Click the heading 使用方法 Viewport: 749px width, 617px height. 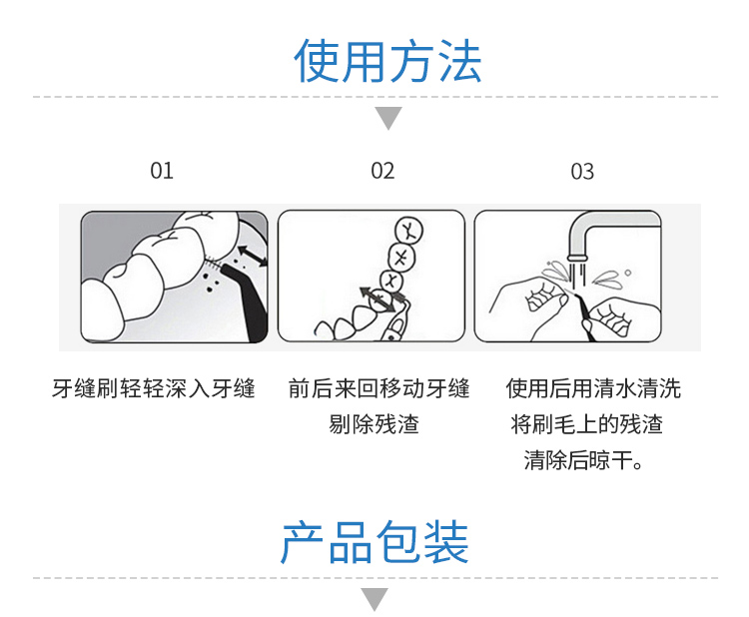387,61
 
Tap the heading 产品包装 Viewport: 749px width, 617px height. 374,542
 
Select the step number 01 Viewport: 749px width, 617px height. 162,171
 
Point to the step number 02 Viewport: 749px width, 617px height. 382,171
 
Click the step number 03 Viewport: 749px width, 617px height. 582,172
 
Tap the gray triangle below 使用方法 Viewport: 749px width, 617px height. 388,118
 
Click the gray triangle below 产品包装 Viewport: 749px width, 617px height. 374,599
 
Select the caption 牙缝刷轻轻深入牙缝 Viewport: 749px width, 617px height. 154,388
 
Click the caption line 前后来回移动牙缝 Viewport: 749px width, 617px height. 378,388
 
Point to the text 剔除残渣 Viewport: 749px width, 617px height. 374,424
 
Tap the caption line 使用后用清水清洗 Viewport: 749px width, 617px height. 593,388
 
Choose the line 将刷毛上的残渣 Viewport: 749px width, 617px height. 586,424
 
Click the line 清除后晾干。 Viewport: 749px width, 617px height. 584,460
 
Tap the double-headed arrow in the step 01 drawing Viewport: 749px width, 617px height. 252,257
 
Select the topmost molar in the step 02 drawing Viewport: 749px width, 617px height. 408,230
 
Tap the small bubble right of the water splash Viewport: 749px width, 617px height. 628,273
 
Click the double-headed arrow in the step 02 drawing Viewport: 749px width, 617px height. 378,300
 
